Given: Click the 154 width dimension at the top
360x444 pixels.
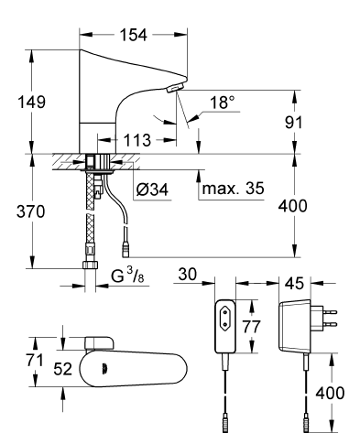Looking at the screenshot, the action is click(133, 35).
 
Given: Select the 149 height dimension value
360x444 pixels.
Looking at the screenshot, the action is click(32, 102).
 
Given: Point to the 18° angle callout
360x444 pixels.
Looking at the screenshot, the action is click(223, 103).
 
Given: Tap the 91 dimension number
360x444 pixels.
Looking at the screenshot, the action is click(293, 122).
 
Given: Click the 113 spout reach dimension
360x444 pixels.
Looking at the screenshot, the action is click(137, 140).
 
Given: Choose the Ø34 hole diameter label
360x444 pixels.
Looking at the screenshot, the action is click(152, 190).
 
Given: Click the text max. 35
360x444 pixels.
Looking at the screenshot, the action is click(233, 189).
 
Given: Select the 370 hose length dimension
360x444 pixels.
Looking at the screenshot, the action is click(30, 211).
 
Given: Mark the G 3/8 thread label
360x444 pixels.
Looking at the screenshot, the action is click(127, 276).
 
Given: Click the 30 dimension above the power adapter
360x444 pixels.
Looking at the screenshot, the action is click(188, 274).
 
